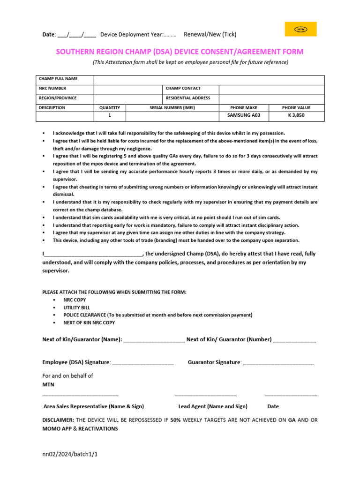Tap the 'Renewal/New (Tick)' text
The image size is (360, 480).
(210, 34)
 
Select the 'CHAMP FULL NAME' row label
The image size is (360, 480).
(58, 79)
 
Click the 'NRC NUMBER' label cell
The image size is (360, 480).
(52, 88)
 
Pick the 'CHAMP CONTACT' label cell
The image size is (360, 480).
(183, 88)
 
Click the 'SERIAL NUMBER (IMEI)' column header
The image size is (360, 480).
(172, 108)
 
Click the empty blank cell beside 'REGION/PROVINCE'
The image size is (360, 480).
(127, 98)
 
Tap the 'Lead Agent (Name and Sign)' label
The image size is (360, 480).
(213, 406)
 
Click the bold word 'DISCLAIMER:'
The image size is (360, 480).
(58, 420)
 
